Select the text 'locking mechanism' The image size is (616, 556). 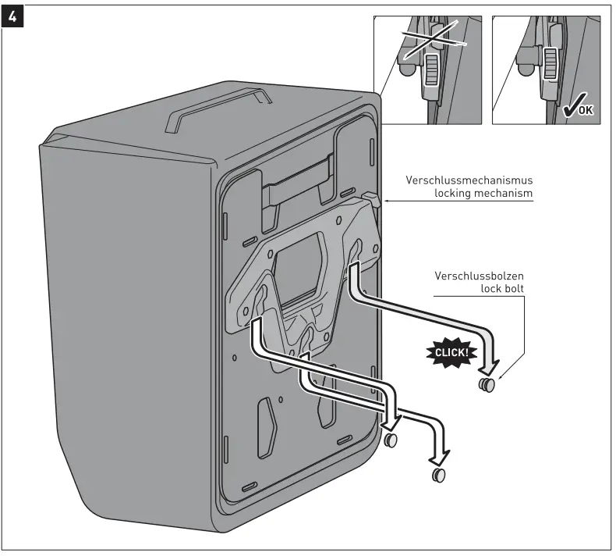pyautogui.click(x=483, y=193)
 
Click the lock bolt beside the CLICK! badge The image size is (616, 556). pyautogui.click(x=487, y=386)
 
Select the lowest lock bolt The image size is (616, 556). pyautogui.click(x=439, y=476)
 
